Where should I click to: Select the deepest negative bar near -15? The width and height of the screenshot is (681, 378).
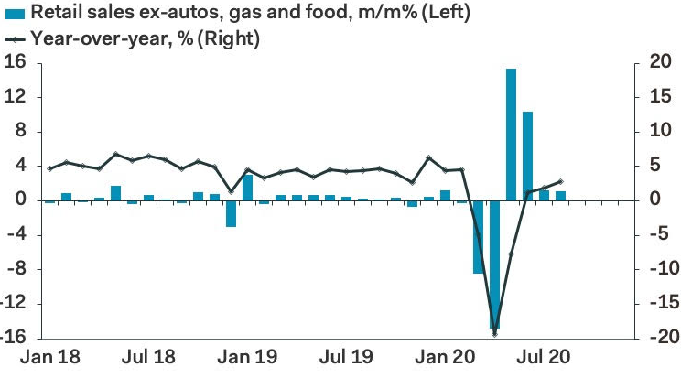click(x=494, y=265)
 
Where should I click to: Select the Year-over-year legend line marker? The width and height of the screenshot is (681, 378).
click(x=16, y=39)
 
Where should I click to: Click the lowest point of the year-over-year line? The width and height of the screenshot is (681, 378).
click(x=494, y=334)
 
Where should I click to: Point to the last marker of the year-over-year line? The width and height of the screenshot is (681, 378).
click(x=560, y=181)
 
